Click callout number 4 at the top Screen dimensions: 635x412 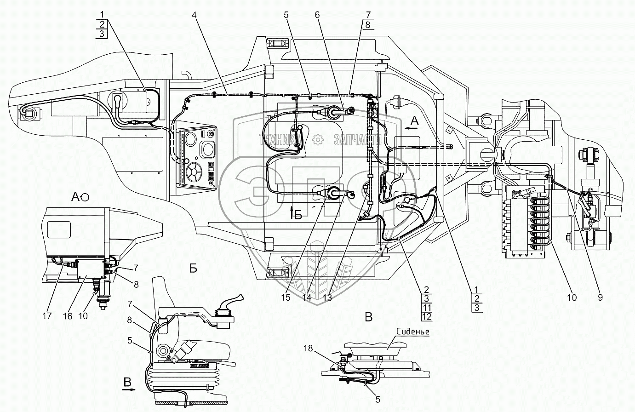tap(194, 15)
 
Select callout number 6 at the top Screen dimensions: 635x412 tap(317, 15)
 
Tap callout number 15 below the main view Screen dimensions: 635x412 tap(286, 298)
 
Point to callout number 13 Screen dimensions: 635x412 tap(327, 298)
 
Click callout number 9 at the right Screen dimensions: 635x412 tap(600, 298)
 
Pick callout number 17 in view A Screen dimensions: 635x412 tap(47, 316)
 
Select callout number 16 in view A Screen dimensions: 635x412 tap(68, 316)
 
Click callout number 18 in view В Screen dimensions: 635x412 tap(308, 348)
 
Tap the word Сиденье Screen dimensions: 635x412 tap(413, 332)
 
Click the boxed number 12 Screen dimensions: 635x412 tap(427, 317)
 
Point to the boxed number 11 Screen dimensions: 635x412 tap(427, 308)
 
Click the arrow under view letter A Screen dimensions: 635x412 tap(411, 128)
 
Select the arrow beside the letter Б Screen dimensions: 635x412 tap(292, 212)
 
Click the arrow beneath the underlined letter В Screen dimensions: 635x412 tap(129, 389)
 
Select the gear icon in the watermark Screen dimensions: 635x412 tap(318, 140)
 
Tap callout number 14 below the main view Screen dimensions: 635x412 tap(307, 298)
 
